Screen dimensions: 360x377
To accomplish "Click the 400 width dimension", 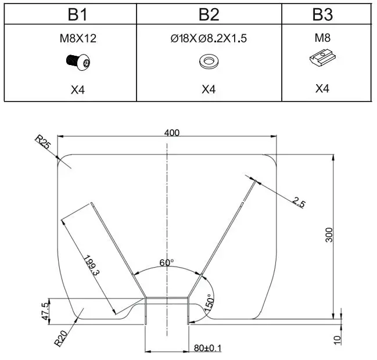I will [x=172, y=132].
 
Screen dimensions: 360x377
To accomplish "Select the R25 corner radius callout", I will [x=44, y=142].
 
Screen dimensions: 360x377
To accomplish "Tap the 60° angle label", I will [x=167, y=262].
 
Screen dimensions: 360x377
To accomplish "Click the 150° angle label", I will [x=209, y=303].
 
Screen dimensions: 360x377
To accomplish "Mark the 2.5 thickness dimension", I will [x=299, y=202].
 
